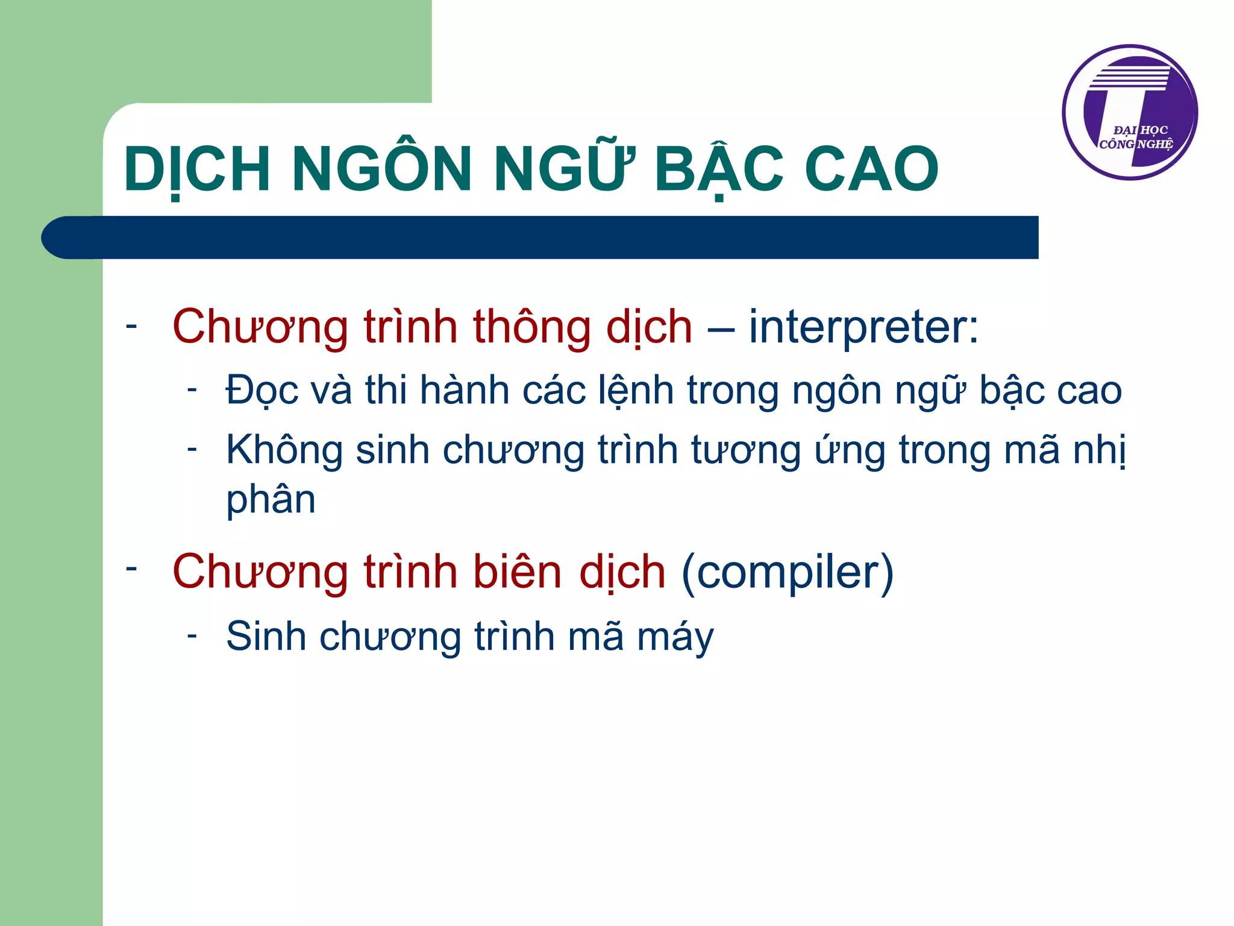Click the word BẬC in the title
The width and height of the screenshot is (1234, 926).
(x=718, y=170)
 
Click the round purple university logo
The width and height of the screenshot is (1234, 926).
(x=1130, y=112)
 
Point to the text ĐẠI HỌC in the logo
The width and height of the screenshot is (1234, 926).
(x=1140, y=130)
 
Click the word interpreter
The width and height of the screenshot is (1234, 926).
(x=856, y=327)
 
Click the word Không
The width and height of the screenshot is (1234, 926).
(x=284, y=451)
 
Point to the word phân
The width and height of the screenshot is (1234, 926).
(x=271, y=500)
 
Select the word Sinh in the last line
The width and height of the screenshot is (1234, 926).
(x=266, y=636)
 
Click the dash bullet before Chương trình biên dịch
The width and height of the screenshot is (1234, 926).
(x=131, y=568)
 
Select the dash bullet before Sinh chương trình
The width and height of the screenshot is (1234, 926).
(x=192, y=635)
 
